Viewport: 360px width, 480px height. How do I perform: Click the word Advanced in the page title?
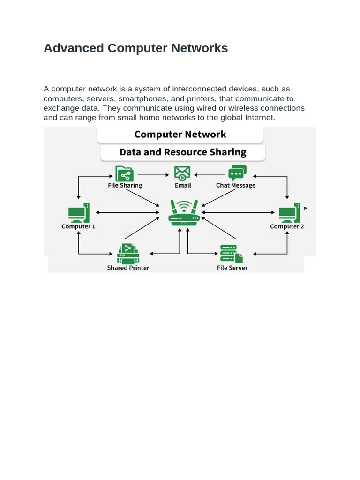click(74, 48)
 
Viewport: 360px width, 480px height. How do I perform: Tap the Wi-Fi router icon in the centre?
click(184, 213)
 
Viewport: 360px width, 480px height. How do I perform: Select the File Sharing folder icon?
click(124, 173)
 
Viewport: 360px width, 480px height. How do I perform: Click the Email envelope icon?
click(182, 173)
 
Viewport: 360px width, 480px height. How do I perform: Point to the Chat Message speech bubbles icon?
click(237, 173)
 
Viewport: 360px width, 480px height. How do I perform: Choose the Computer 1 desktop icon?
click(79, 213)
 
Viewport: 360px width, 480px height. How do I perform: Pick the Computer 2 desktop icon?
click(289, 213)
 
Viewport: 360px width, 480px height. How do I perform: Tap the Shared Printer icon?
click(128, 254)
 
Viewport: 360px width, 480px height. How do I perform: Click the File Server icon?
click(232, 254)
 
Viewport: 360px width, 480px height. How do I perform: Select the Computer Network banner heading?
click(180, 135)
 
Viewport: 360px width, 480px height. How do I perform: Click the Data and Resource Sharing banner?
click(183, 152)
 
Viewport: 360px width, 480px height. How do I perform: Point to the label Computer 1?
click(78, 226)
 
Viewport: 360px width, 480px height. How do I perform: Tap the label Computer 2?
click(287, 226)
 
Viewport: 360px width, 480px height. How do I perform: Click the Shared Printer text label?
click(128, 268)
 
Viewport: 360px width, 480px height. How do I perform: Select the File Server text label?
click(232, 268)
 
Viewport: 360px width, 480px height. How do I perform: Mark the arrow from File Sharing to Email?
click(153, 175)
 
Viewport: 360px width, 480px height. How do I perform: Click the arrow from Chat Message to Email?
click(210, 175)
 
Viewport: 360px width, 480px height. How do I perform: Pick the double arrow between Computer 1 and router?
click(127, 212)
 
